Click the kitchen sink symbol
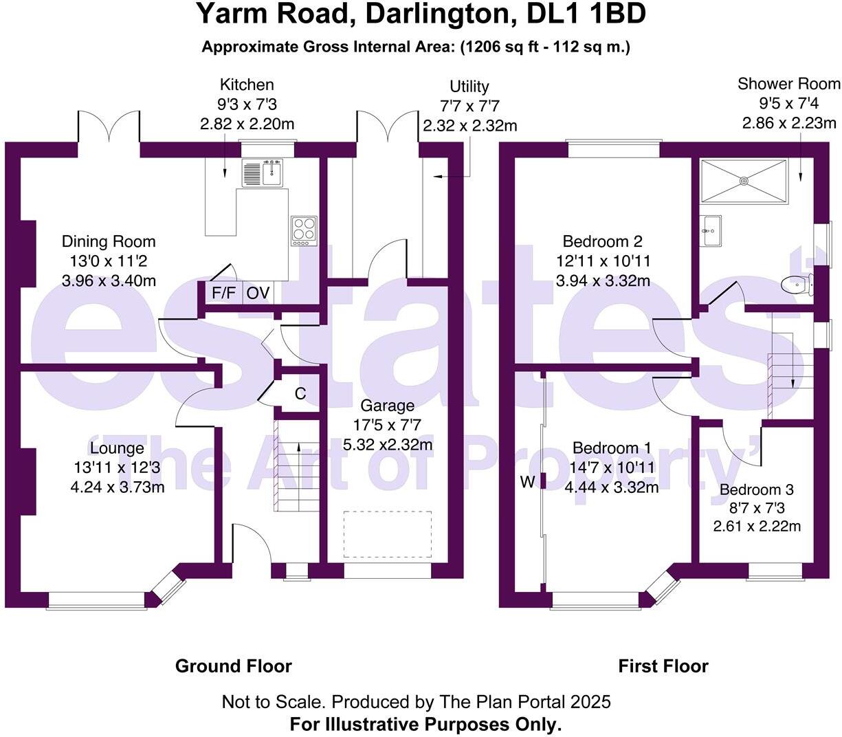262,173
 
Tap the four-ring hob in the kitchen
304,231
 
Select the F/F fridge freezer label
224,293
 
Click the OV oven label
258,293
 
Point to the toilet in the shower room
797,284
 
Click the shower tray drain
744,181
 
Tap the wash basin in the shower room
711,230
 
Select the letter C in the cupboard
300,394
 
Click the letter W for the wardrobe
527,481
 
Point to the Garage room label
387,406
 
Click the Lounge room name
117,448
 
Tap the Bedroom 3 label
756,489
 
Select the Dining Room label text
109,241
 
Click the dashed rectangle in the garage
388,534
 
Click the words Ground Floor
233,665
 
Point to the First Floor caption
663,665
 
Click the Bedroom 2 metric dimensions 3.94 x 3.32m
603,281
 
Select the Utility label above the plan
469,87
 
